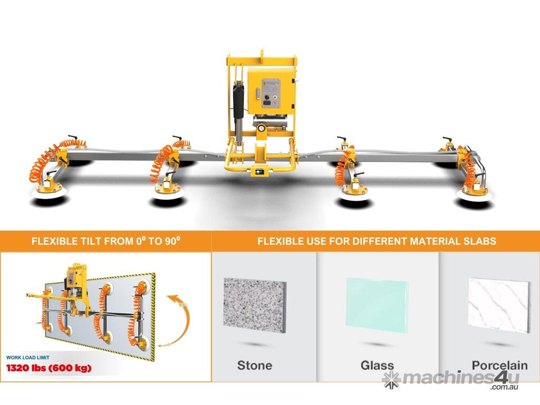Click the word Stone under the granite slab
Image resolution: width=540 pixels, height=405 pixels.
pos(255,365)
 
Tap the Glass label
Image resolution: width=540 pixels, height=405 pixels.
pos(377,365)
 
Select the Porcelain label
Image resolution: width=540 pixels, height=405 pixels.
pos(499,365)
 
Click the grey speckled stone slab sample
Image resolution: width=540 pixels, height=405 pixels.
pos(255,305)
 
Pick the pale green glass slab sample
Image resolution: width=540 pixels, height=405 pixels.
pos(377,305)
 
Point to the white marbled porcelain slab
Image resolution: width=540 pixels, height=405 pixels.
pos(499,305)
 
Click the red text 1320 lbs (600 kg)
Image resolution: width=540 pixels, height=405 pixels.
pos(49,368)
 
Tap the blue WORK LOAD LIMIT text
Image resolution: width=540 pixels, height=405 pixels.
pos(27,358)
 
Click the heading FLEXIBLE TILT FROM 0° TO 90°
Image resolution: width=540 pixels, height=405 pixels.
pos(105,240)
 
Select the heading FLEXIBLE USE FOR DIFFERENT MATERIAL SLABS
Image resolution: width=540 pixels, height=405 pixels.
pos(377,240)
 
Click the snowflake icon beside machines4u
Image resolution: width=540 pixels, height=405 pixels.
pos(392,380)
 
